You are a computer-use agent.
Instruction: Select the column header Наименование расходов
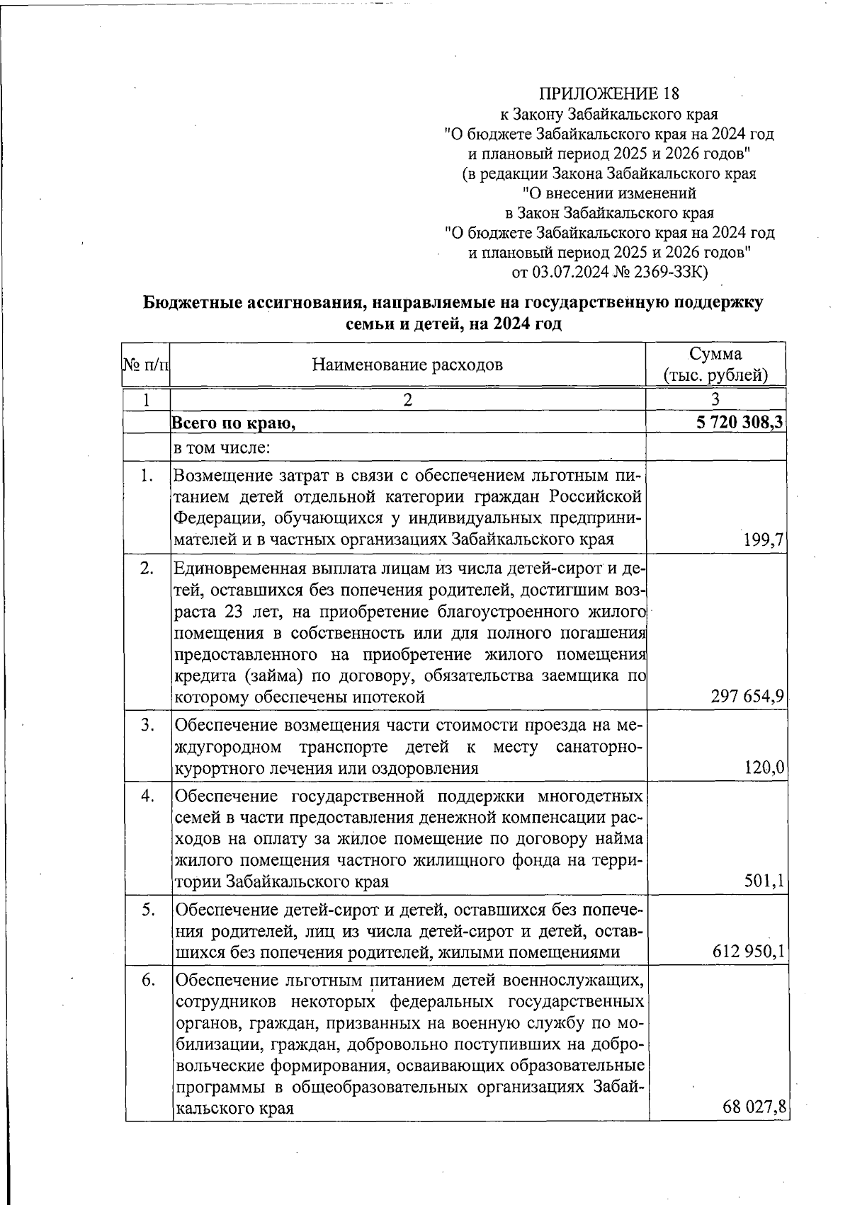(407, 365)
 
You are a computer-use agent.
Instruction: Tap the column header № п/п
(146, 365)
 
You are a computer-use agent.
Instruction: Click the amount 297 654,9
(747, 697)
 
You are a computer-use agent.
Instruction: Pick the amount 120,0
(764, 768)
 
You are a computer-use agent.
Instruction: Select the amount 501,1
(764, 881)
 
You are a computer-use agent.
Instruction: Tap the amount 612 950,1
(749, 952)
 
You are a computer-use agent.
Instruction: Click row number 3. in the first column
(147, 725)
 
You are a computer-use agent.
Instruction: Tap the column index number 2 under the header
(407, 399)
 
